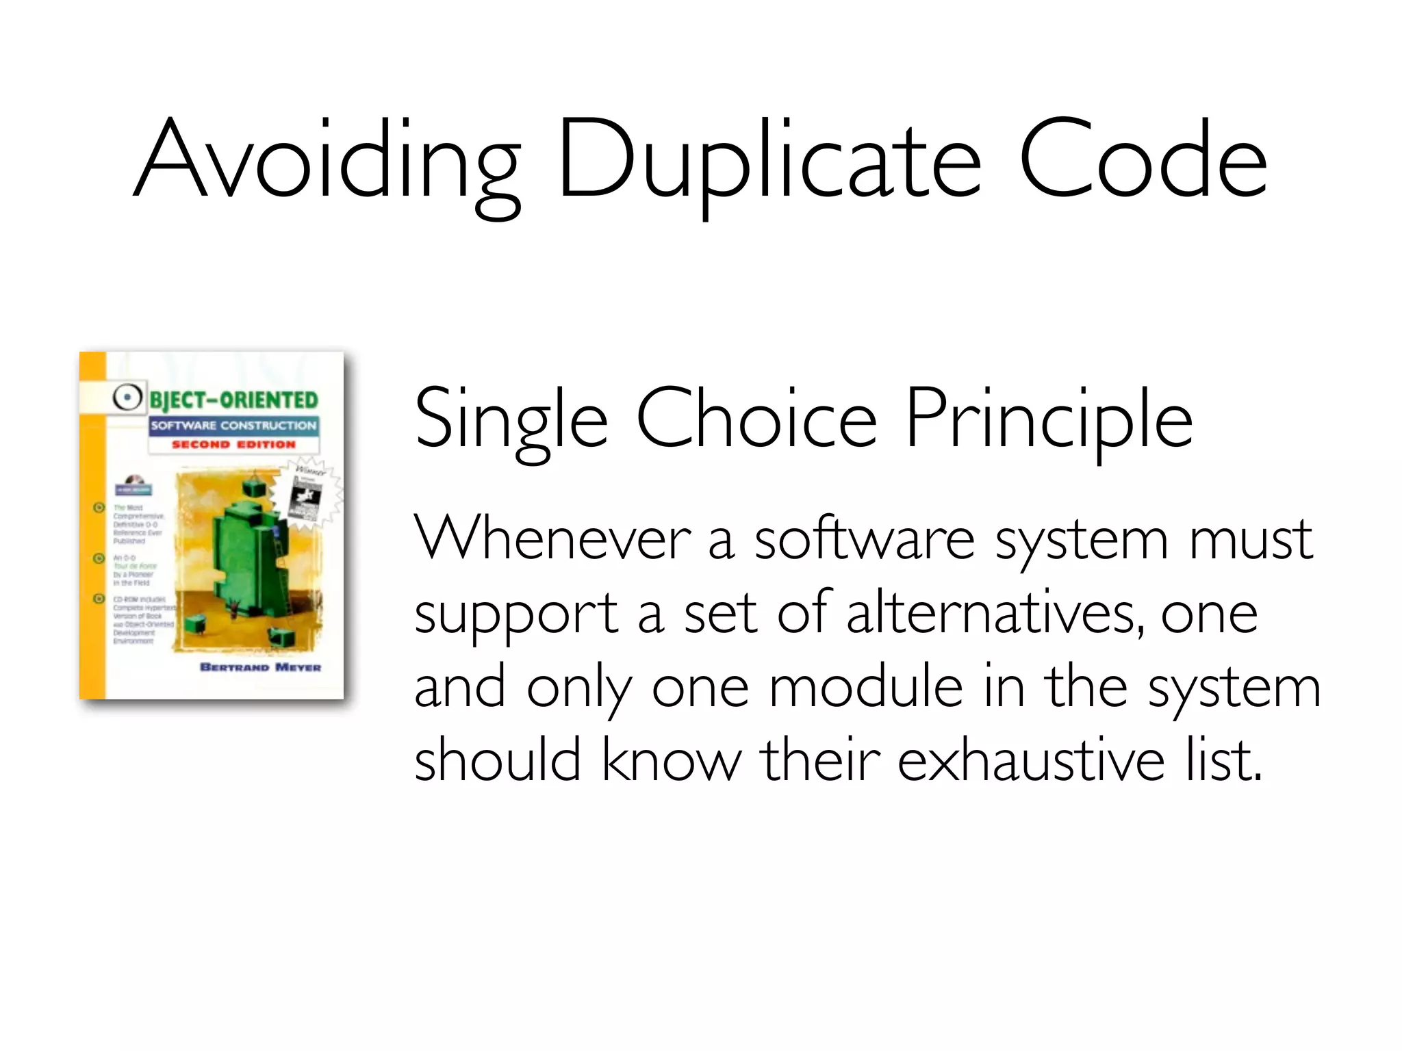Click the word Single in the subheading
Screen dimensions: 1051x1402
511,419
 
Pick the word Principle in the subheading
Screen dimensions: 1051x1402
1049,419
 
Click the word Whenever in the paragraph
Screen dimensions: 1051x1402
552,539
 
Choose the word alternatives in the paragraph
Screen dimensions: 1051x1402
995,612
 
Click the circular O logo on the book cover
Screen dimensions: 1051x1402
127,397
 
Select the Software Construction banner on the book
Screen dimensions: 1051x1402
233,426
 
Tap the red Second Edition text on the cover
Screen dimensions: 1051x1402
233,445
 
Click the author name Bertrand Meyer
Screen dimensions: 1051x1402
260,667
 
